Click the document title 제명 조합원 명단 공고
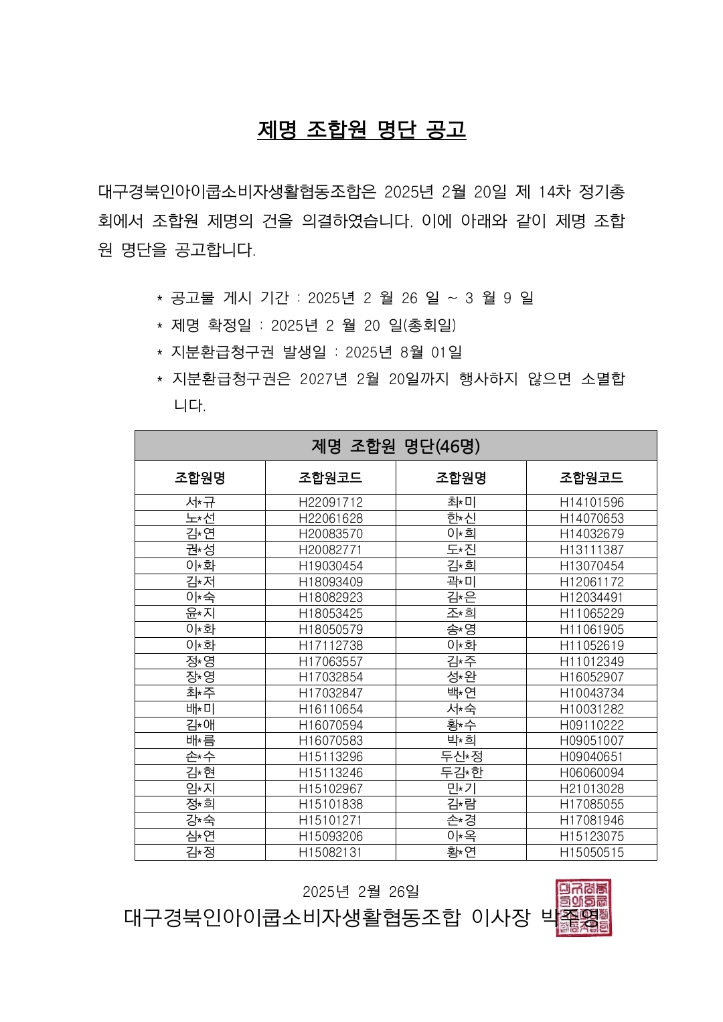tap(361, 129)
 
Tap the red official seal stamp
tap(583, 908)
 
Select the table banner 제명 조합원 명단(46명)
tap(395, 446)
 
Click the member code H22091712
tap(331, 503)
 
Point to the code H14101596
tap(592, 503)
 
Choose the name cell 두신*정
tap(461, 757)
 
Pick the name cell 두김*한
tap(461, 773)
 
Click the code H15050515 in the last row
tap(592, 853)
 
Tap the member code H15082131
tap(331, 853)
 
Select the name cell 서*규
tap(200, 503)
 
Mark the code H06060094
tap(592, 773)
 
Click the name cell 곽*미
tap(461, 582)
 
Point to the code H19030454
tap(331, 566)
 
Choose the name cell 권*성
tap(200, 550)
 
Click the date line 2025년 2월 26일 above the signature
tap(361, 891)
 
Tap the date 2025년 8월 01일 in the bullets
tap(404, 352)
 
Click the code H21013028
tap(592, 789)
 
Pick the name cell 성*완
tap(461, 677)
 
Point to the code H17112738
tap(331, 646)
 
